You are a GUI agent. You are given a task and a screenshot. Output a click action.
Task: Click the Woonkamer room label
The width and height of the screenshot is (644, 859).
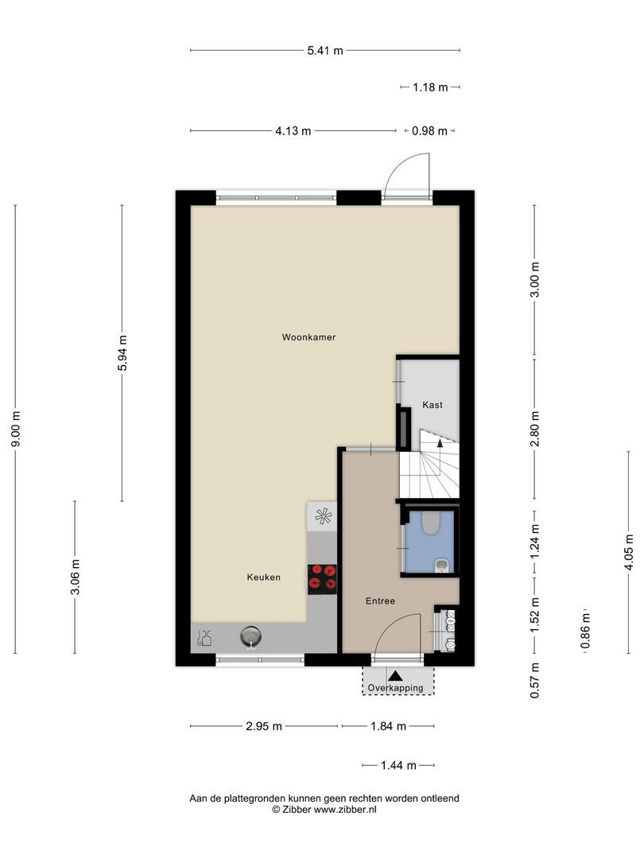click(308, 337)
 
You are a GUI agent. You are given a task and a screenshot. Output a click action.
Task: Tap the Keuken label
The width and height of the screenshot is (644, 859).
click(263, 577)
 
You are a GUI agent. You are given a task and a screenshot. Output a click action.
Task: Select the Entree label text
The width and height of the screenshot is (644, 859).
click(380, 601)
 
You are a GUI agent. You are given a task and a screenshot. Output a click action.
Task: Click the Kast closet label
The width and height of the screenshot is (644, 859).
click(433, 405)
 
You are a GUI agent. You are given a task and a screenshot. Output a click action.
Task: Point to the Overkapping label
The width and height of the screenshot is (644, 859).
click(395, 688)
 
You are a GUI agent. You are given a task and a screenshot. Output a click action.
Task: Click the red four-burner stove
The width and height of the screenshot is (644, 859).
click(322, 578)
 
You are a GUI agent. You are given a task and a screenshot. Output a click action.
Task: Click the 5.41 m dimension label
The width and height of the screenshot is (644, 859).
click(324, 51)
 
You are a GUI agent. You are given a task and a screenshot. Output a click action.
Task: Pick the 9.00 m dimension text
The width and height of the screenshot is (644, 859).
click(16, 429)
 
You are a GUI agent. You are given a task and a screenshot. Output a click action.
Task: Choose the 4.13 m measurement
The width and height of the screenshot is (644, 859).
click(293, 131)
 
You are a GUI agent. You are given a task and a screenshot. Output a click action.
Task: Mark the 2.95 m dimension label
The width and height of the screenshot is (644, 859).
click(264, 726)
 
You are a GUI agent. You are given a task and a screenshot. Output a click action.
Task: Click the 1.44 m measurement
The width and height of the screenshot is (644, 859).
click(398, 766)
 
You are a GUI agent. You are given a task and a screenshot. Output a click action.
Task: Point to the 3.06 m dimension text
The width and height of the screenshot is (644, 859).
click(75, 577)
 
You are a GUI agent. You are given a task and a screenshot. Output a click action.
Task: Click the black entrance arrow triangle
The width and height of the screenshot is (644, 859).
click(395, 675)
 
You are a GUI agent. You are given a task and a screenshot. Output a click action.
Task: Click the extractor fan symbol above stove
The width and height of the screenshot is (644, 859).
click(323, 515)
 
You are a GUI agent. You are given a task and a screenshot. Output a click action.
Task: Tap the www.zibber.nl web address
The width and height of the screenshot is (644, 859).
click(345, 809)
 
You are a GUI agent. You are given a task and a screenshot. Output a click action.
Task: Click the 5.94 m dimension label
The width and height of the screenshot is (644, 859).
click(122, 353)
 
